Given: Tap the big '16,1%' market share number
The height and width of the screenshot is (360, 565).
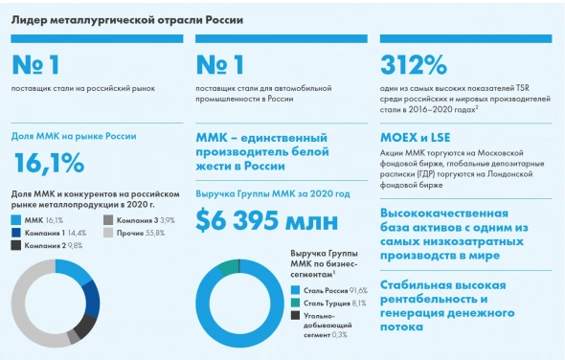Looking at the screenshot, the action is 49,164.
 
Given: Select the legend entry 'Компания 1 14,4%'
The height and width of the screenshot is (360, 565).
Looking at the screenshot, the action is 56,233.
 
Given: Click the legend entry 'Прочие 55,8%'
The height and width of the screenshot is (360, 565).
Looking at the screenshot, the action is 134,233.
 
